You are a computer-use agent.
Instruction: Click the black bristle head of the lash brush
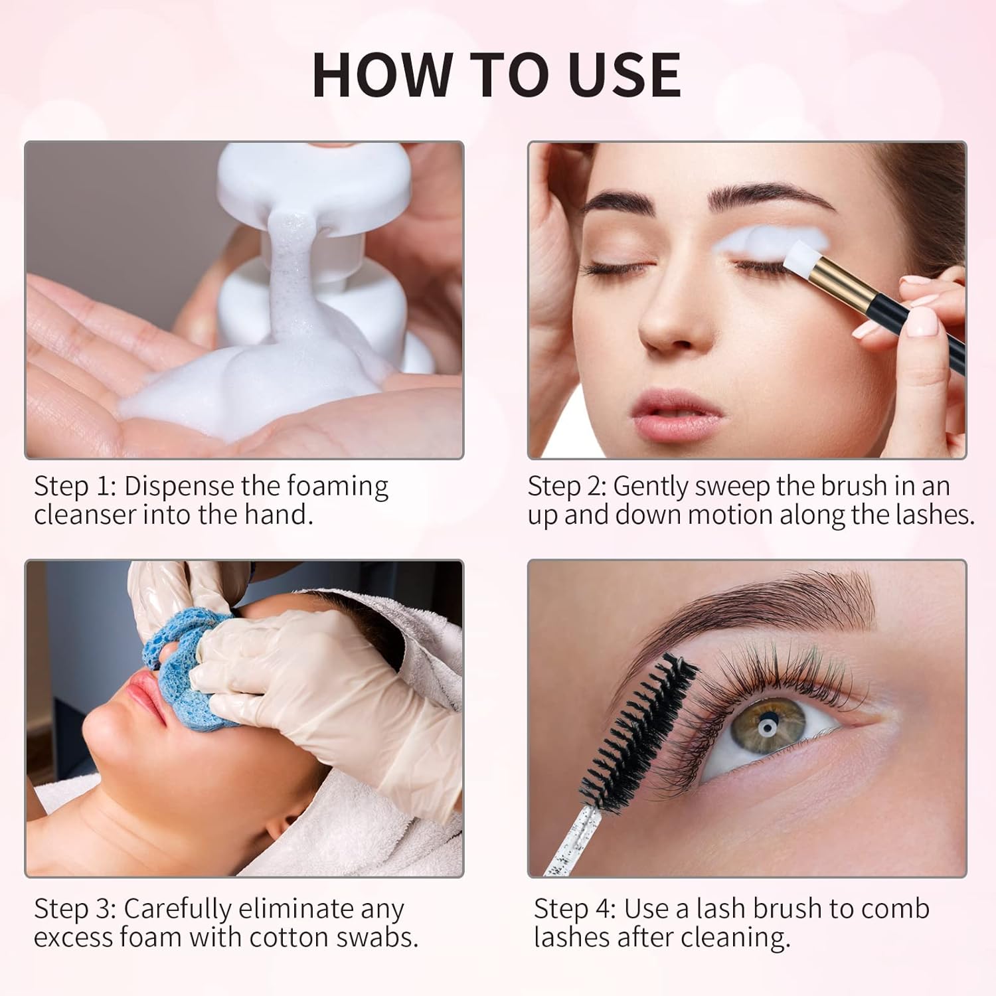click(637, 730)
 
